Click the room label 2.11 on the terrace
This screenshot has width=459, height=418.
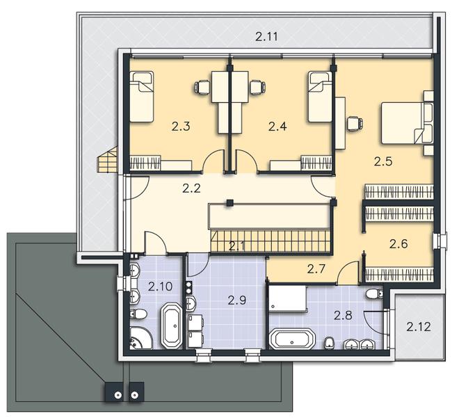point(266,37)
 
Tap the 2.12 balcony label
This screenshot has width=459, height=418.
point(419,326)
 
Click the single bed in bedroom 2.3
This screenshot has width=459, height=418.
point(142,96)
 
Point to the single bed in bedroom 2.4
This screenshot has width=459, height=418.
point(320,96)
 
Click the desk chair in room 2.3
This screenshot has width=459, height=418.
point(202,87)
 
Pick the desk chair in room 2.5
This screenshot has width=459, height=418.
point(355,122)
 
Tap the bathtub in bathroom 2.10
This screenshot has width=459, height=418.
point(172,325)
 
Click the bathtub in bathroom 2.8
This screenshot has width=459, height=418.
point(291,339)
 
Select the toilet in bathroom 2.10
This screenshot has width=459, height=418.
point(138,314)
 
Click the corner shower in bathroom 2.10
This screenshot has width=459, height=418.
point(140,338)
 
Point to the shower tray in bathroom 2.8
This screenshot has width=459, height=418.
point(287,298)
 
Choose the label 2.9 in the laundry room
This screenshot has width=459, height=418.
point(237,300)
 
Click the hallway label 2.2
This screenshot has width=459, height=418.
point(191,188)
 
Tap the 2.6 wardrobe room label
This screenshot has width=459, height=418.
point(398,243)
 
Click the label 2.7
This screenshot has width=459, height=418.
point(316,268)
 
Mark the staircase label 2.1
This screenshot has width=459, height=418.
point(236,246)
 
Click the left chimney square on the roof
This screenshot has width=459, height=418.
point(116,392)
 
